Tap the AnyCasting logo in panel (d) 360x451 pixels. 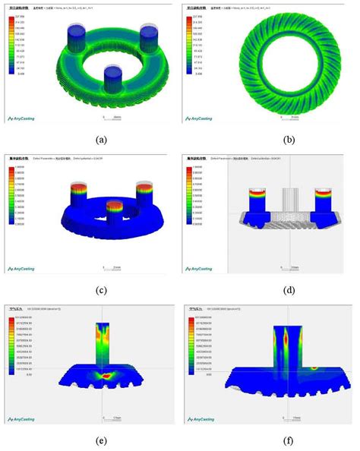point(203,268)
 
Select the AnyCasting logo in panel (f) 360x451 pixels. point(203,416)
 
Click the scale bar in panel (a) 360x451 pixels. point(109,118)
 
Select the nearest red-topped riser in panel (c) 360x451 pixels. point(113,212)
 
